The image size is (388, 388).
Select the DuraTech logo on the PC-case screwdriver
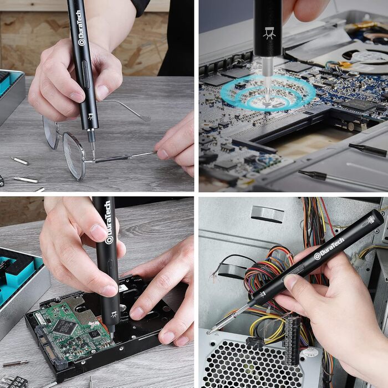pyautogui.click(x=329, y=249)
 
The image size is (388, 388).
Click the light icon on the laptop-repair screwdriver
pyautogui.click(x=269, y=33)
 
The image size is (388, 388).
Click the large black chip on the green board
pyautogui.click(x=65, y=326)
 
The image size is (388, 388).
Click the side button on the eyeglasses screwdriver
pyautogui.click(x=85, y=74)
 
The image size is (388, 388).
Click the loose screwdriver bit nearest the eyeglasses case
pyautogui.click(x=19, y=161)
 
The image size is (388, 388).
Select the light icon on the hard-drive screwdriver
pyautogui.click(x=114, y=314)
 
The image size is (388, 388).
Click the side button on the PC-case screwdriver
pyautogui.click(x=294, y=273)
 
